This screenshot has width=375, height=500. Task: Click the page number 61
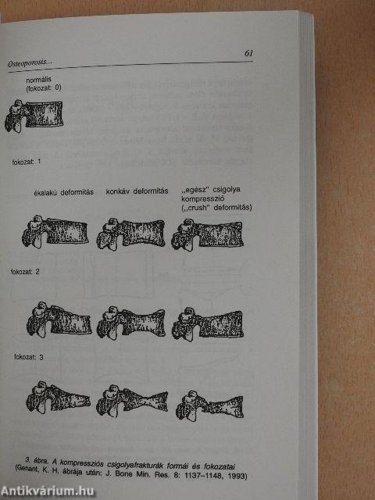(248, 53)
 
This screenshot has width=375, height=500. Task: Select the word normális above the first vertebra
(38, 80)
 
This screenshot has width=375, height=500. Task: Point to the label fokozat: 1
(26, 162)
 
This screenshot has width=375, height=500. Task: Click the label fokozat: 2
(25, 272)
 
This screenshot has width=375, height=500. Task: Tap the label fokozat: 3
(29, 357)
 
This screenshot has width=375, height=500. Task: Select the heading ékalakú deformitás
(64, 192)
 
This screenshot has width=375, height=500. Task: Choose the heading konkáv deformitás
(137, 191)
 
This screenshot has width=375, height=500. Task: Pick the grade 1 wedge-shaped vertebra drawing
(55, 231)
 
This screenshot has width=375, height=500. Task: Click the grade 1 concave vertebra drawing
(130, 234)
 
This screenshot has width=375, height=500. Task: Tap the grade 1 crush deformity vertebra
(207, 234)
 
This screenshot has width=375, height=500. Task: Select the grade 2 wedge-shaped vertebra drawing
(59, 320)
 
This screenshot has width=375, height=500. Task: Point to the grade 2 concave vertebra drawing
(131, 323)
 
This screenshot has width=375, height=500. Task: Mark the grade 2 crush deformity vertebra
(208, 323)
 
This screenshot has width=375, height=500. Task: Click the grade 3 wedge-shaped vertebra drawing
(58, 398)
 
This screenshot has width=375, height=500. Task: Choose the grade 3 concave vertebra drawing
(132, 401)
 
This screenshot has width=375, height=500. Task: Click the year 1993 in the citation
(239, 476)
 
